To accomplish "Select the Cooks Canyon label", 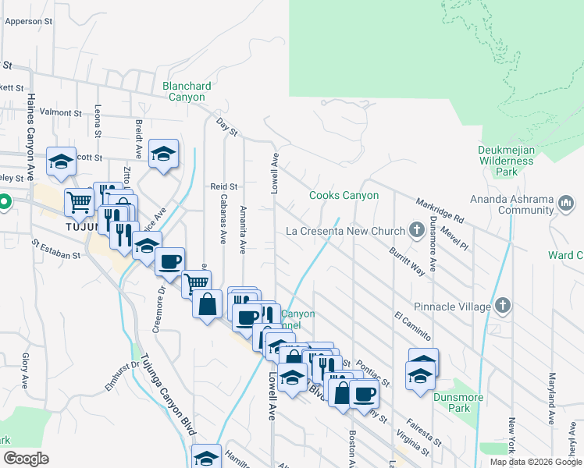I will point(344,196).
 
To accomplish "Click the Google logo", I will point(27,459).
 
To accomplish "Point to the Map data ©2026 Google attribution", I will point(536,462).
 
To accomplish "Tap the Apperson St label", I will point(28,22).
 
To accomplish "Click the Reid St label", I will point(223,186).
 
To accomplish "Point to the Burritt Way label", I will point(408,261).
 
